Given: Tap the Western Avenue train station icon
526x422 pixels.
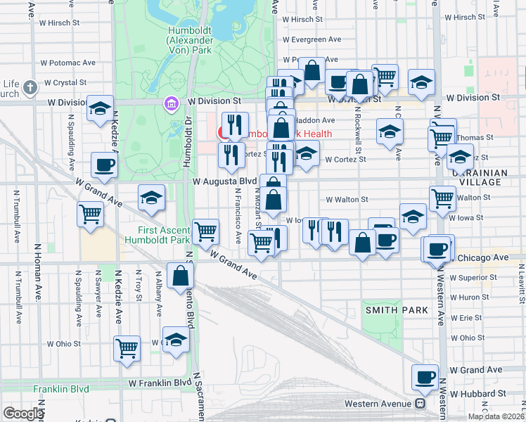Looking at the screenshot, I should coord(420,404).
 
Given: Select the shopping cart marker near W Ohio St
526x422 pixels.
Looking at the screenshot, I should coord(127,347).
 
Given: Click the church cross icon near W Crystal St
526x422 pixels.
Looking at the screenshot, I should coord(30,88).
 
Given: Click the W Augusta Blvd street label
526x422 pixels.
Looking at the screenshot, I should coord(225,181).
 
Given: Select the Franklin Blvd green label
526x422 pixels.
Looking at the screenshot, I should coord(61,388).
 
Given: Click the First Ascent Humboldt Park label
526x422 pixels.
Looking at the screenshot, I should coord(164,236).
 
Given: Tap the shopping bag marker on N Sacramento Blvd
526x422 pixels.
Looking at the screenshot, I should coord(181,276).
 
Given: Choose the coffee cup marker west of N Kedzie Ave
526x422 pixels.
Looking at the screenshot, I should coord(104,165).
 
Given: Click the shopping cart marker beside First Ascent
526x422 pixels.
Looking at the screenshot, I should coord(206,231).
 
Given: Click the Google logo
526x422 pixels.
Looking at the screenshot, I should coord(24,414).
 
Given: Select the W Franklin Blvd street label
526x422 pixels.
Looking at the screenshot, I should coord(160,383).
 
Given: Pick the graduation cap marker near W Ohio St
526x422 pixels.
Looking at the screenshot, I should coord(176,339).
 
